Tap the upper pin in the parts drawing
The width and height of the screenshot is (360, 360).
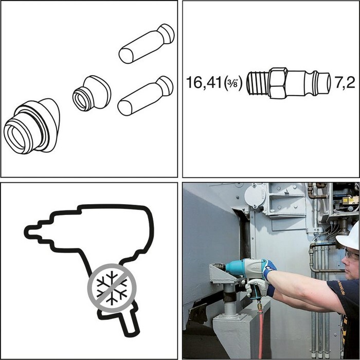click(x=146, y=43)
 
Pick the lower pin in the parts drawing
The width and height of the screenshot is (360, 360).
click(x=145, y=96)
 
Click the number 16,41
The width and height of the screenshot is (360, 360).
click(x=204, y=83)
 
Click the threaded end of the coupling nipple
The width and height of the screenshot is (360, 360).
click(x=257, y=83)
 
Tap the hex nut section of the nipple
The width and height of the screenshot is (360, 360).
click(x=278, y=83)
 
